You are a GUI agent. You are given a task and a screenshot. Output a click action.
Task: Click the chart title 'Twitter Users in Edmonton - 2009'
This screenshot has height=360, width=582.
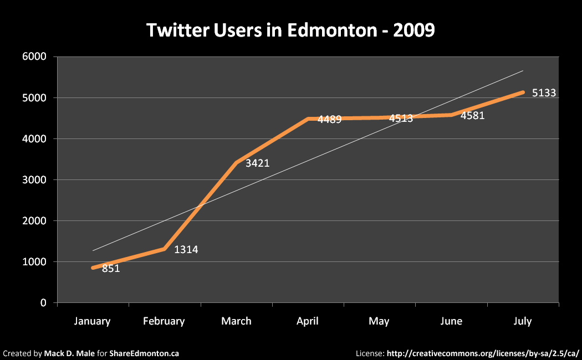290,30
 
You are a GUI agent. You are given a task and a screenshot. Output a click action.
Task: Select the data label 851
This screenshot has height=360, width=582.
111,269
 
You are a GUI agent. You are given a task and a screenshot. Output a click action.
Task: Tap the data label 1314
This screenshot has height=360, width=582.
186,250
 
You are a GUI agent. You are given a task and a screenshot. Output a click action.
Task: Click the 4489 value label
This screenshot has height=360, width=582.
329,119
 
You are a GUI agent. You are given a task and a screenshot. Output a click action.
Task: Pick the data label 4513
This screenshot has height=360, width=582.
401,119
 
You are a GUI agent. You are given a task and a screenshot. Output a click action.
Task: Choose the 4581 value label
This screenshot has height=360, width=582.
472,116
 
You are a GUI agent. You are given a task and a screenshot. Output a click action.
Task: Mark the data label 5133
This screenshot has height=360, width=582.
544,93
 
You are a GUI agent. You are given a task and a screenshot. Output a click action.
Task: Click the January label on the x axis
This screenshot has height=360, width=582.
93,321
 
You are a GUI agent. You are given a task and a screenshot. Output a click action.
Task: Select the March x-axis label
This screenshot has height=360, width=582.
236,321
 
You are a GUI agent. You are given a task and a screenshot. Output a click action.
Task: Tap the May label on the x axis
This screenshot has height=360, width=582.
379,321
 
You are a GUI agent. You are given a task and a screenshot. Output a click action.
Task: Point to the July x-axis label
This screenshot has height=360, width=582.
523,321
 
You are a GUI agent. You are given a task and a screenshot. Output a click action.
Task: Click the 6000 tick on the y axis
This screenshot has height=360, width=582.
35,57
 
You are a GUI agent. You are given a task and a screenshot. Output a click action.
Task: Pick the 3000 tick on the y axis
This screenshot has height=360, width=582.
35,180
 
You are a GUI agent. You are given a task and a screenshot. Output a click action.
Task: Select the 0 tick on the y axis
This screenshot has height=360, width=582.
43,303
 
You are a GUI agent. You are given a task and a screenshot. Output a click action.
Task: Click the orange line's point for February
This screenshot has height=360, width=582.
165,249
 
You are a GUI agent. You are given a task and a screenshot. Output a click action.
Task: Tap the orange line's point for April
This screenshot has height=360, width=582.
308,119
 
